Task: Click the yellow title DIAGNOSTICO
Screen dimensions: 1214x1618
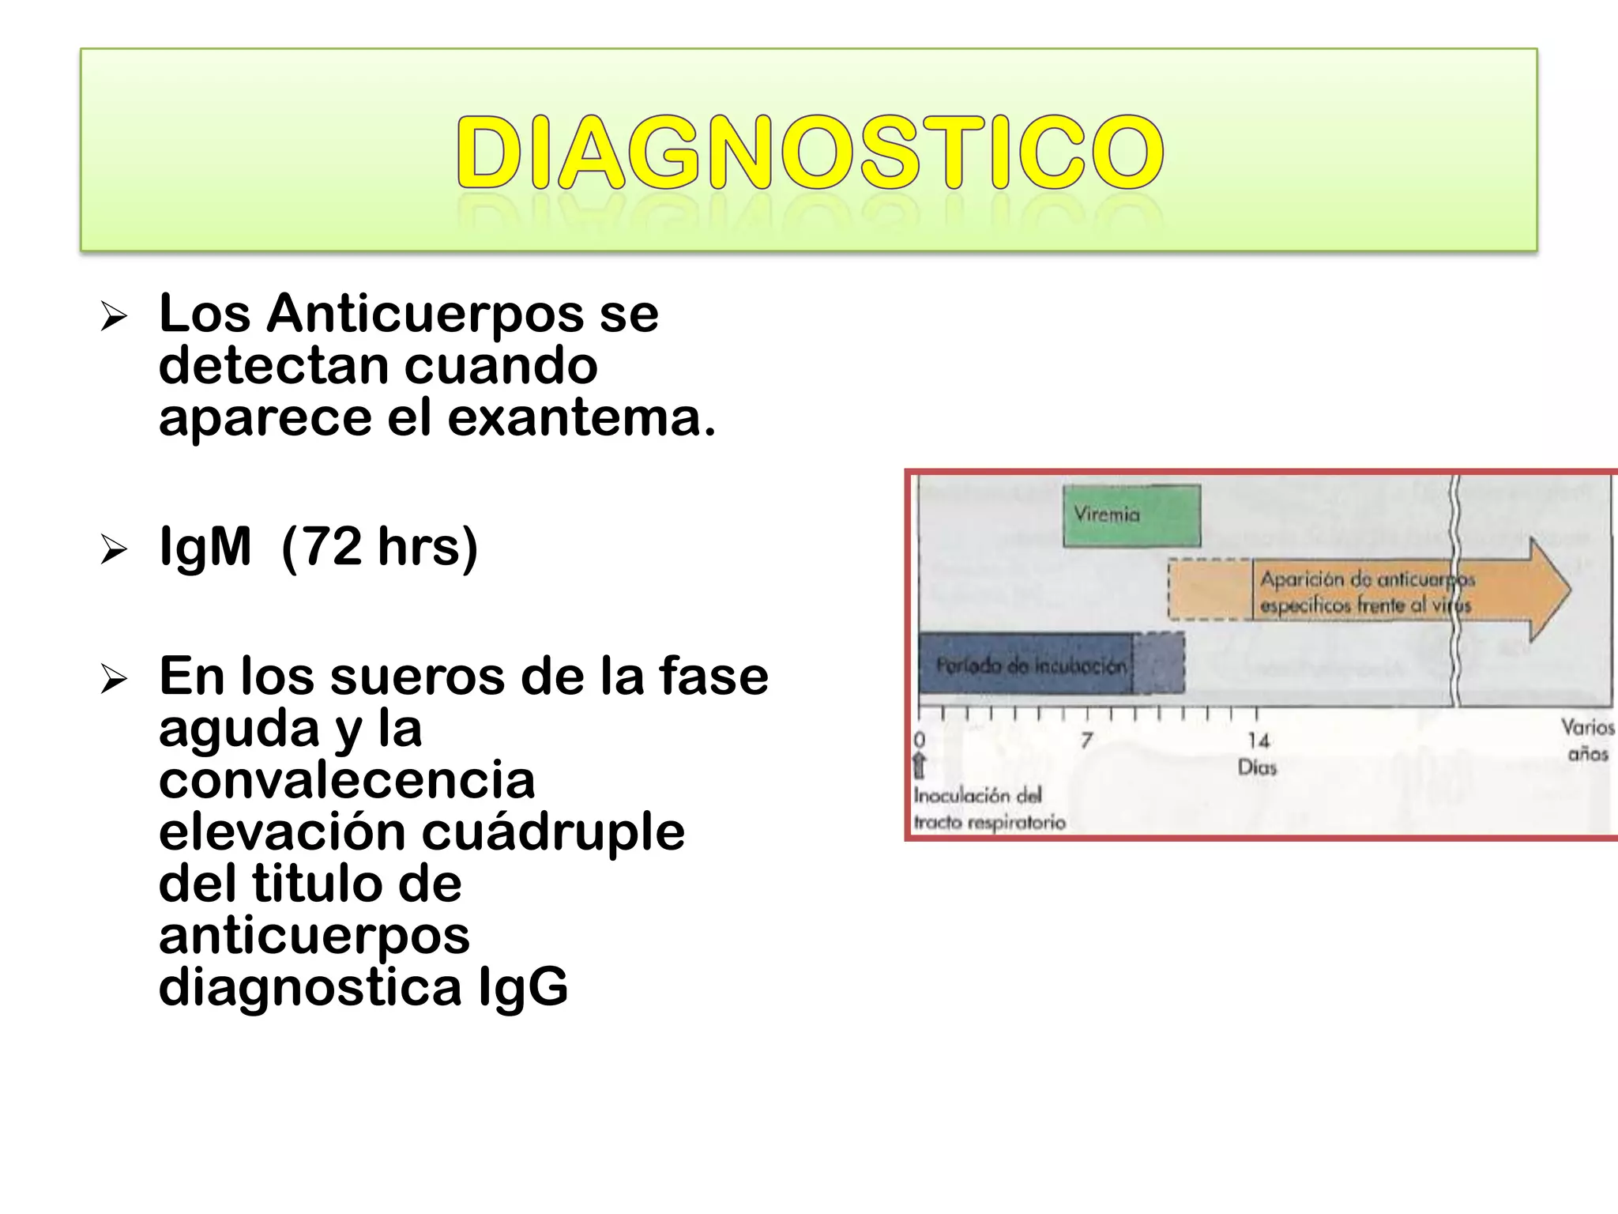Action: (809, 152)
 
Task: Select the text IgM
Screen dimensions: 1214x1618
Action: (205, 547)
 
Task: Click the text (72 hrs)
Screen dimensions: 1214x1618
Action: (379, 547)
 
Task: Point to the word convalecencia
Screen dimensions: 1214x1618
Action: (347, 780)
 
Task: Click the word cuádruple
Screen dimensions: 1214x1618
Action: (553, 832)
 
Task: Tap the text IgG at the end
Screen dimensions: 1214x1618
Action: (523, 987)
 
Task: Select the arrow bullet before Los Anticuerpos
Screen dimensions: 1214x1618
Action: (114, 317)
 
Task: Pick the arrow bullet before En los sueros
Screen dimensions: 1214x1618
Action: (114, 679)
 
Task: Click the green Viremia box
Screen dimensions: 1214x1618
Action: (1131, 515)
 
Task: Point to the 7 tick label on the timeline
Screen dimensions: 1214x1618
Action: (1087, 741)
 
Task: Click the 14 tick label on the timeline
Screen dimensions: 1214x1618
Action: (1258, 741)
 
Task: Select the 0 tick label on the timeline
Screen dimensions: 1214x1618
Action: (919, 741)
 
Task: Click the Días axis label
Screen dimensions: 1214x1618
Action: (1257, 767)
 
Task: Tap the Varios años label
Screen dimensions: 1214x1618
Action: (1587, 740)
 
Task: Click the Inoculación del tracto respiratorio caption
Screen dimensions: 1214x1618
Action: (988, 809)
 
